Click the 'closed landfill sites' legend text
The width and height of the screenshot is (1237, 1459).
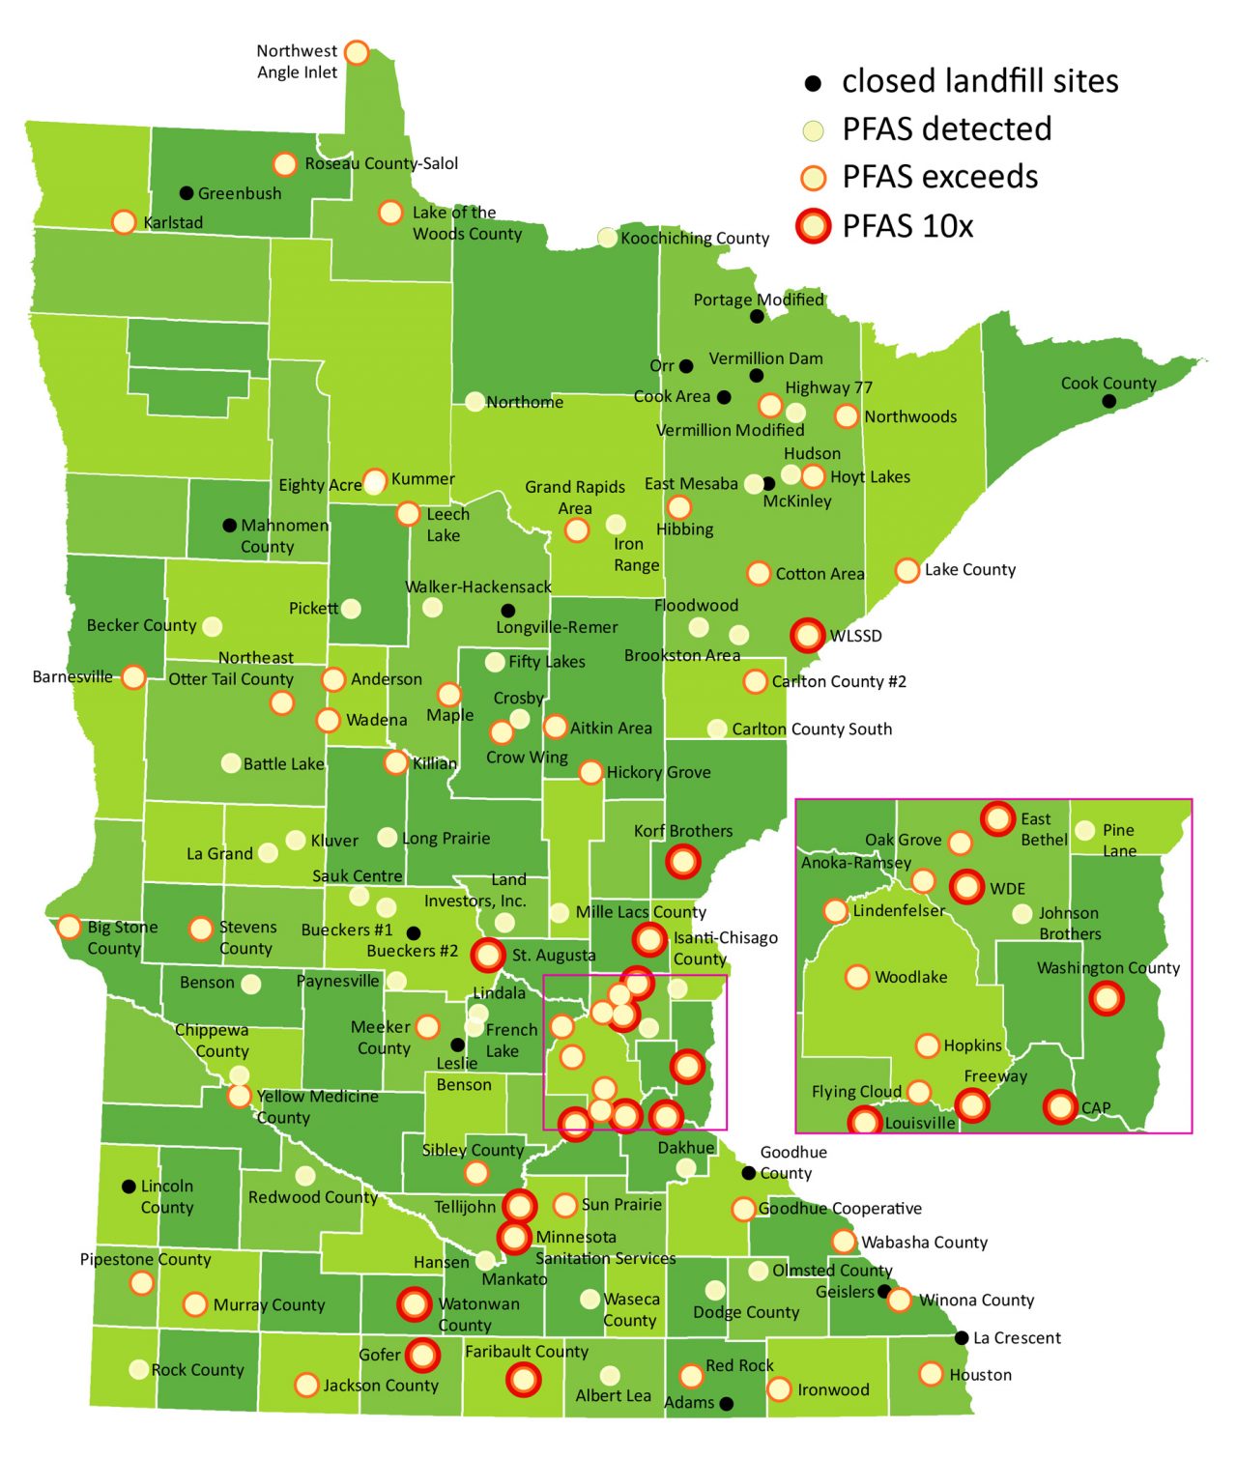click(x=979, y=81)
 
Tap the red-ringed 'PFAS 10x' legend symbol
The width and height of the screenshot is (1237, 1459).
click(x=814, y=225)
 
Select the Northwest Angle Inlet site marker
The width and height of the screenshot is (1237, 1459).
click(x=357, y=52)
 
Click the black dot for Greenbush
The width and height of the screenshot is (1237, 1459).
click(x=187, y=193)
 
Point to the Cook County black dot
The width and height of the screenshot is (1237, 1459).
click(x=1109, y=401)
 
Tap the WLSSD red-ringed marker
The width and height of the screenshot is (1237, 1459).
click(x=808, y=635)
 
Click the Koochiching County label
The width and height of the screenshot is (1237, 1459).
click(x=695, y=238)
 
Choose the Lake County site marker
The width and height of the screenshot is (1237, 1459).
click(x=906, y=570)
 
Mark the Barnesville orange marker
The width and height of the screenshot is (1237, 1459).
click(x=134, y=676)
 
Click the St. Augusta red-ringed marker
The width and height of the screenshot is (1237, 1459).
click(x=488, y=955)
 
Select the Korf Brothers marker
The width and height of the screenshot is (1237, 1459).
click(x=683, y=860)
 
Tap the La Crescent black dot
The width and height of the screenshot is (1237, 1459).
click(x=962, y=1338)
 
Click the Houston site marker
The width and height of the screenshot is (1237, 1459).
click(x=931, y=1373)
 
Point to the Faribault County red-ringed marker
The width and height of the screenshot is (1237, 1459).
click(x=524, y=1380)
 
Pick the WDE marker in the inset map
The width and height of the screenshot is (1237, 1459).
click(x=966, y=886)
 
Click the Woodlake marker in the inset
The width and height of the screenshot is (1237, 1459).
click(x=857, y=977)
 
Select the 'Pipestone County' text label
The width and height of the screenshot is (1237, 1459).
click(x=145, y=1259)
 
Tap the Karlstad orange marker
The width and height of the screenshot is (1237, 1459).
click(x=124, y=222)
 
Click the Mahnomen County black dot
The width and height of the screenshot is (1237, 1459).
click(x=229, y=526)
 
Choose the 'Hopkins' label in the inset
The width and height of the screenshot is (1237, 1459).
click(x=972, y=1045)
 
